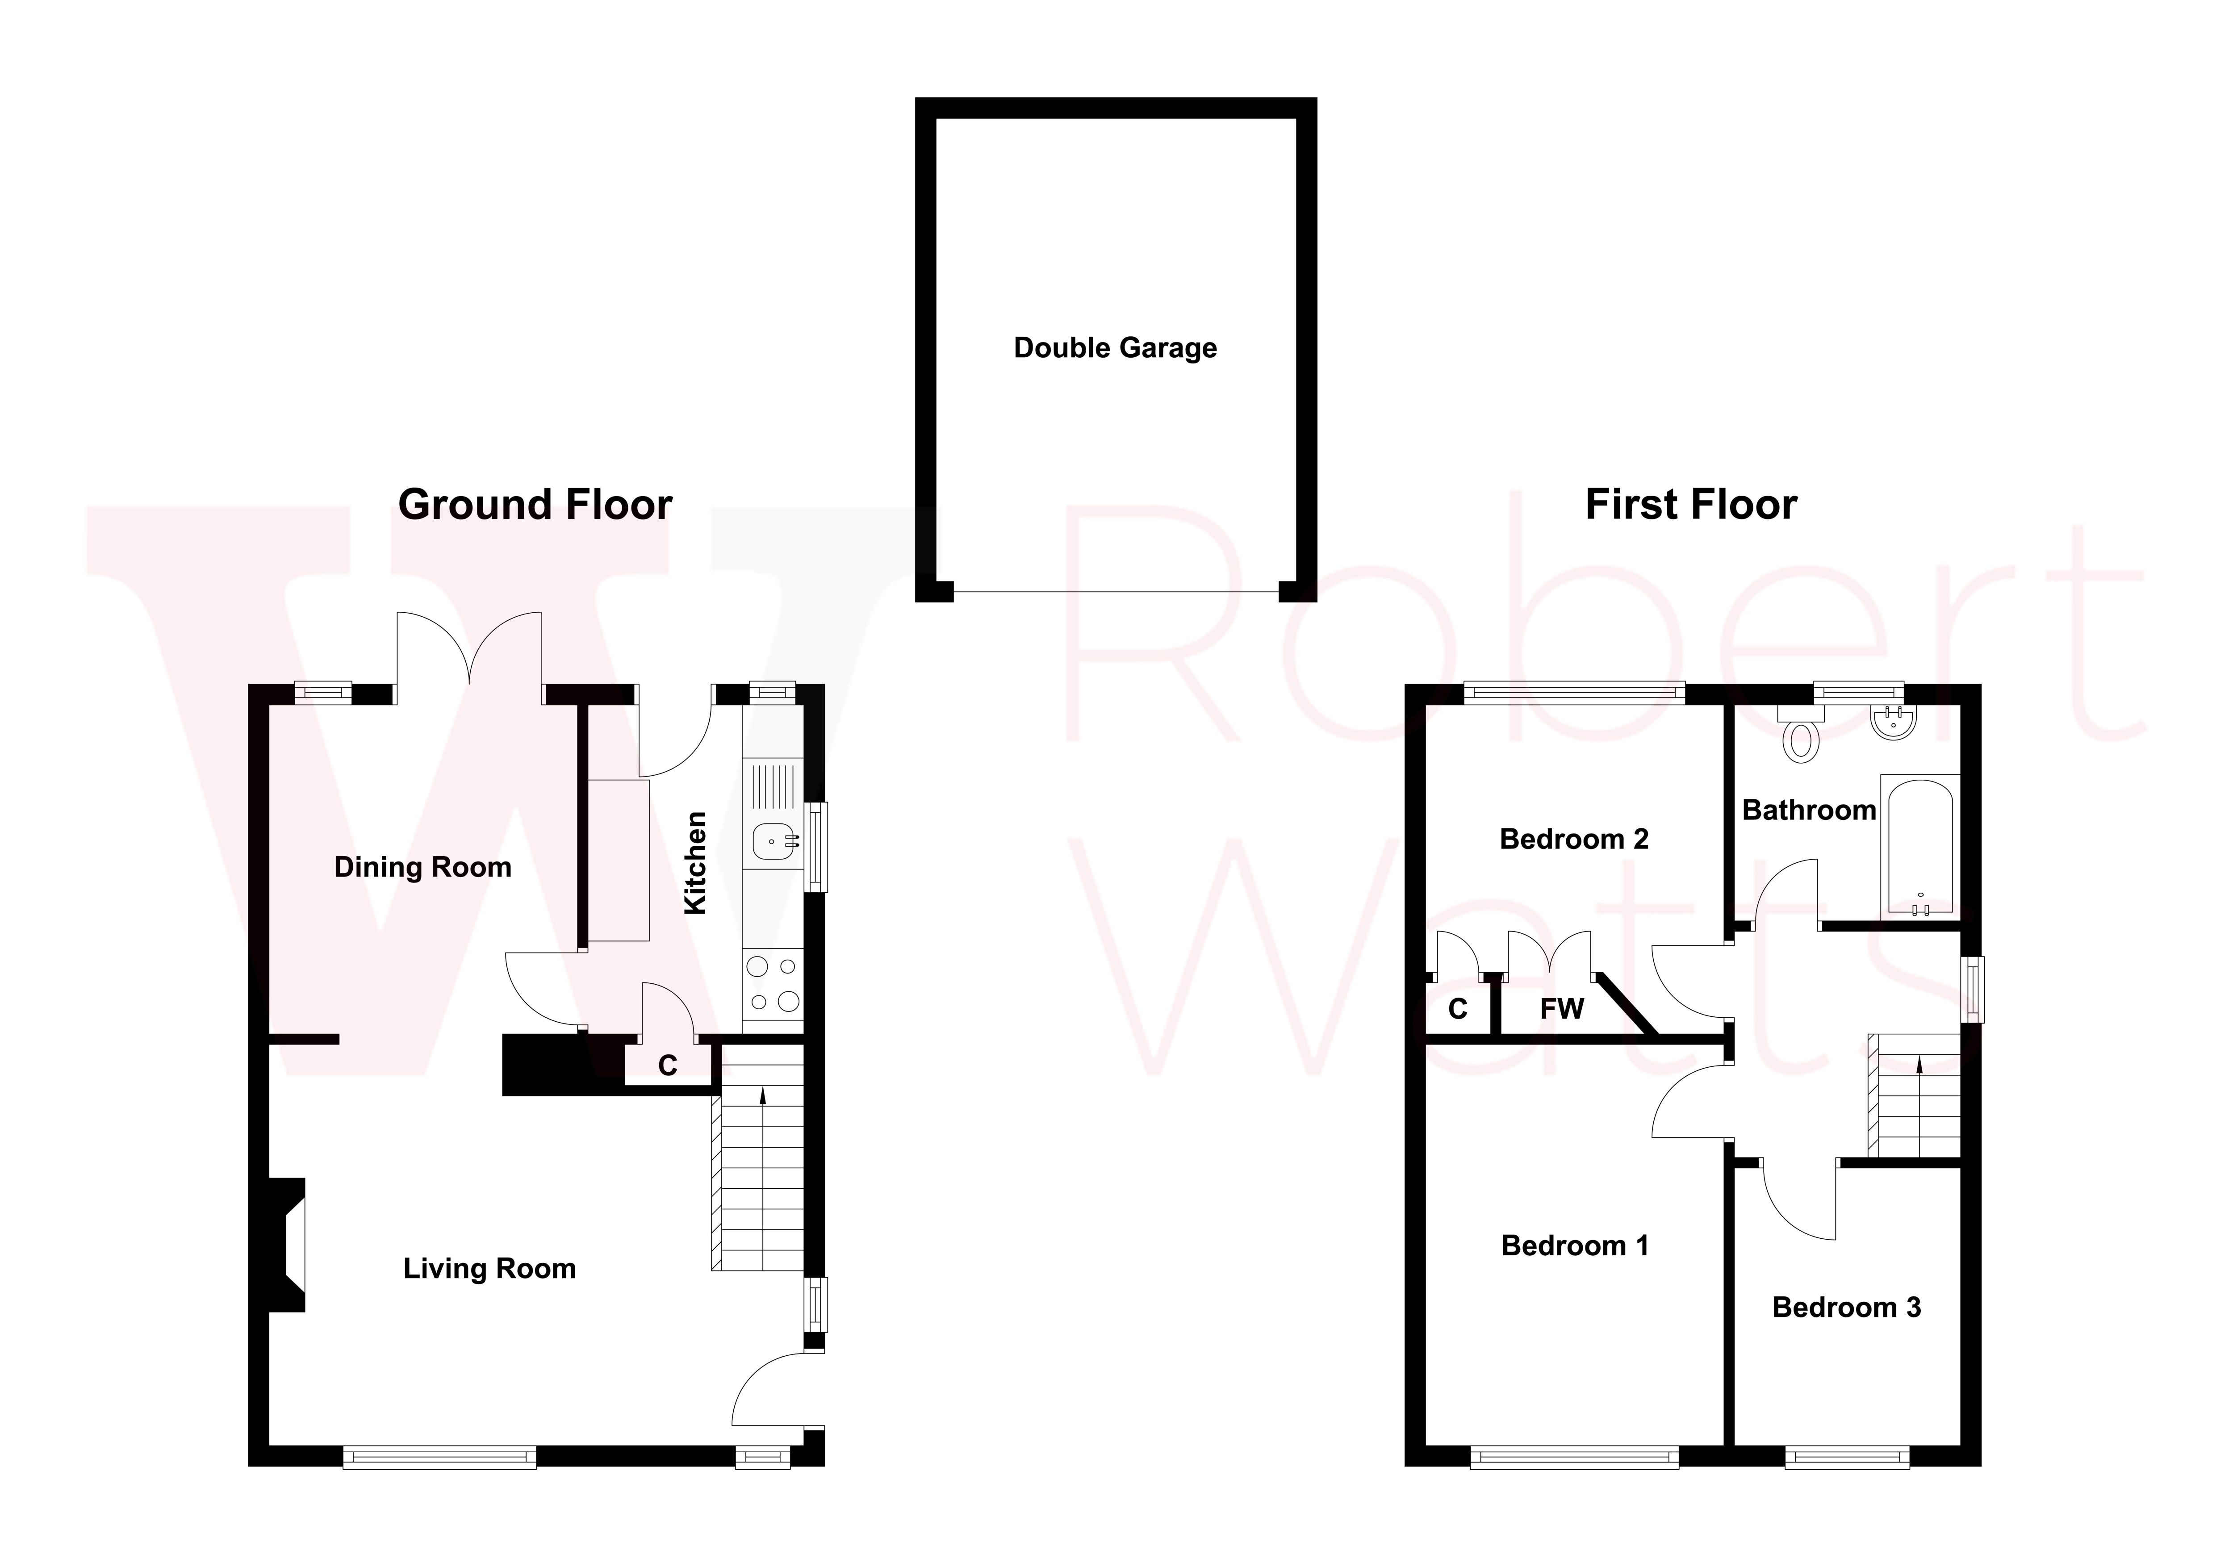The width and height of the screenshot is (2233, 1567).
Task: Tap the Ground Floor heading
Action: [x=535, y=505]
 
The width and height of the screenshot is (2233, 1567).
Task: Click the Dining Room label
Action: [x=422, y=868]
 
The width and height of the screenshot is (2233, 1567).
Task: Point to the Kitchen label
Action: [x=695, y=863]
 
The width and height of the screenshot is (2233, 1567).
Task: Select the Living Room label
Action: [x=489, y=1268]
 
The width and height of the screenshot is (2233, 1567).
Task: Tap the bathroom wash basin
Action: [x=1892, y=723]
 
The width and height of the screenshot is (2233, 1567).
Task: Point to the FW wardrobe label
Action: [x=1562, y=1009]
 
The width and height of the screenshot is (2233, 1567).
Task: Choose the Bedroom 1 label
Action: [x=1575, y=1246]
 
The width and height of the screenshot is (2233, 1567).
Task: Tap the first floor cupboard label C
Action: [x=1457, y=1009]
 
